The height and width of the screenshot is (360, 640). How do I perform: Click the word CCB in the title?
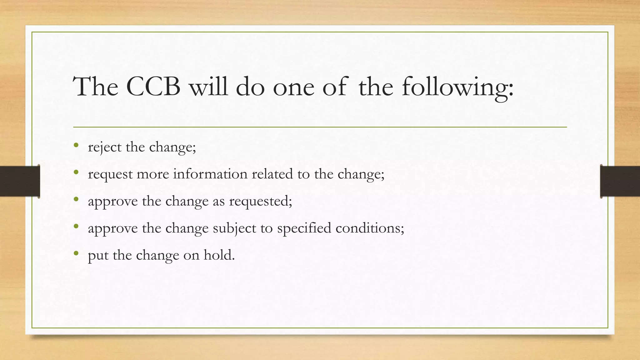click(x=153, y=87)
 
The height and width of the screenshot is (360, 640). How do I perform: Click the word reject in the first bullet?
click(x=105, y=147)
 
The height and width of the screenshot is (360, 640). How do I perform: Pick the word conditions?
click(x=370, y=228)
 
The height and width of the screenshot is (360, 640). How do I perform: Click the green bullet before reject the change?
click(x=76, y=145)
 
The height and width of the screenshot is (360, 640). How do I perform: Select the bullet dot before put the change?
click(x=76, y=253)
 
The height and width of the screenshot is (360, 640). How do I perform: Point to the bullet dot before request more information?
click(x=76, y=172)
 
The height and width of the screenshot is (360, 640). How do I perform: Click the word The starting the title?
click(x=96, y=87)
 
